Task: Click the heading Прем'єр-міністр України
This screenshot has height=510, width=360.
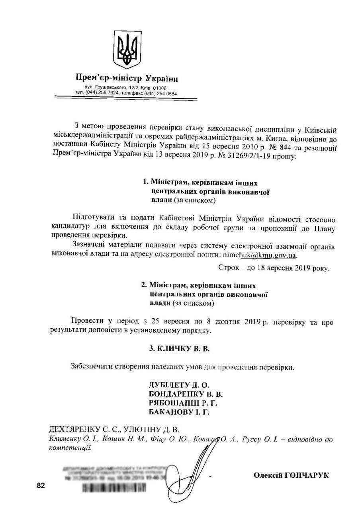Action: click(127, 78)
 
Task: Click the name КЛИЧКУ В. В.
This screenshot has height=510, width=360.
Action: click(179, 348)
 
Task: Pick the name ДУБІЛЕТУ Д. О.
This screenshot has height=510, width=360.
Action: click(179, 385)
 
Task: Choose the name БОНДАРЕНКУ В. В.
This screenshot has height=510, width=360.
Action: click(186, 394)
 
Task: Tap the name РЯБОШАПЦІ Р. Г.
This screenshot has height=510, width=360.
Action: click(183, 403)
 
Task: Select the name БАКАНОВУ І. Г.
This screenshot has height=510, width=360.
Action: click(179, 412)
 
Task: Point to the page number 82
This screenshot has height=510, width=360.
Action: click(41, 485)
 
